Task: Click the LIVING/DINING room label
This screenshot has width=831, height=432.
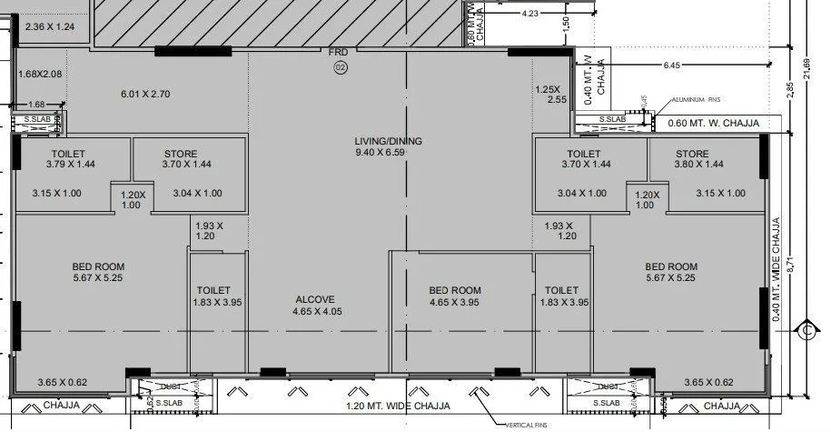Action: coord(389,141)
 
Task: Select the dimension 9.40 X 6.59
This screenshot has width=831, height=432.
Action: coord(389,153)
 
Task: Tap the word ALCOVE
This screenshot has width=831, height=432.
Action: coord(315,299)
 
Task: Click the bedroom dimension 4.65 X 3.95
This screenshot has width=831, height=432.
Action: coord(455,303)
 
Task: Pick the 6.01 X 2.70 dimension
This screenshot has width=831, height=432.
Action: coord(146,94)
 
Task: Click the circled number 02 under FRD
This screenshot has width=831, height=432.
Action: coord(341,68)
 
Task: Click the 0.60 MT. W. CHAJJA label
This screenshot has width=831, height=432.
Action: coord(712,123)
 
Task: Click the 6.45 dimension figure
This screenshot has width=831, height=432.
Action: coord(672,65)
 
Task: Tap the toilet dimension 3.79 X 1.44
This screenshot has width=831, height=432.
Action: coord(71,166)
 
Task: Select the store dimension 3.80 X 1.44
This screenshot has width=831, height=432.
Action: coord(700,166)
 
